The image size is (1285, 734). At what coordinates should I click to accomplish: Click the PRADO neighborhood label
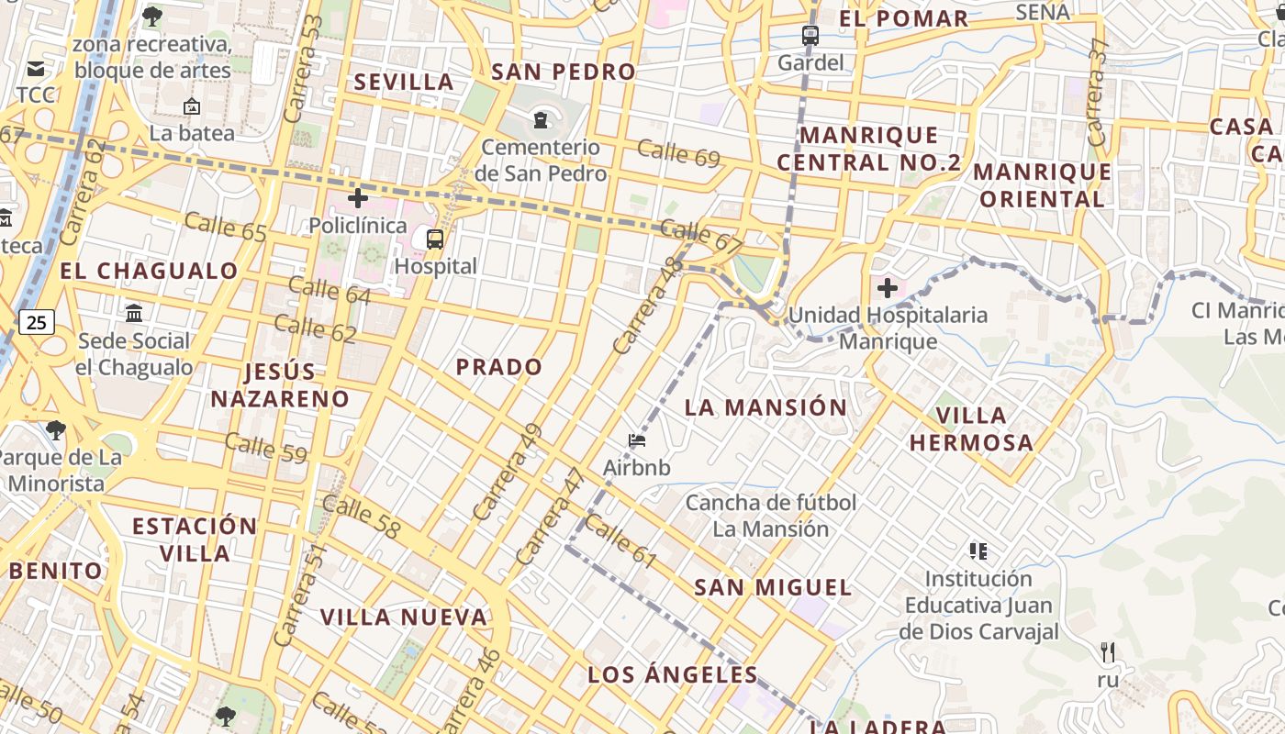tap(499, 367)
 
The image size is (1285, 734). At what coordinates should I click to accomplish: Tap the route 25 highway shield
tap(36, 322)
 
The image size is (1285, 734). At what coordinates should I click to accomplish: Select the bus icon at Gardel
tap(810, 36)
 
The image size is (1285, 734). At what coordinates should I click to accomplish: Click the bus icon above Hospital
tap(435, 239)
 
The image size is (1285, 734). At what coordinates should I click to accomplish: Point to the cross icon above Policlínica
tap(358, 198)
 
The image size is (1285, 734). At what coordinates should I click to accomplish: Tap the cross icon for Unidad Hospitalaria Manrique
tap(887, 289)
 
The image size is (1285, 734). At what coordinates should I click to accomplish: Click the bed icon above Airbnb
tap(637, 440)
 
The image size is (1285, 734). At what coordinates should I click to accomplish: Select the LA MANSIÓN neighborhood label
tap(765, 407)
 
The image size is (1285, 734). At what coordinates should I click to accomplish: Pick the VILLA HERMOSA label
tap(971, 429)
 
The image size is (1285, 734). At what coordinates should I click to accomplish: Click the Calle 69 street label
tap(678, 153)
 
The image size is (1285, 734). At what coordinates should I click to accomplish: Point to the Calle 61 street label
tap(620, 540)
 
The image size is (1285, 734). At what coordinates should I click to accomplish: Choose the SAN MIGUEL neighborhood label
tap(773, 587)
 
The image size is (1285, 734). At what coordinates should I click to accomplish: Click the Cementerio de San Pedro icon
tap(540, 119)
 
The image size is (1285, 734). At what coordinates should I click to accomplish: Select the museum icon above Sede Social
tap(134, 314)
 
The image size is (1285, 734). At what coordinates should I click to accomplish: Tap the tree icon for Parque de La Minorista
tap(55, 429)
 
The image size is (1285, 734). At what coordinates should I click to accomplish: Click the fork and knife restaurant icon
tap(1108, 652)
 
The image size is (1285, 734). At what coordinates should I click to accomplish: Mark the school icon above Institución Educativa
tap(978, 551)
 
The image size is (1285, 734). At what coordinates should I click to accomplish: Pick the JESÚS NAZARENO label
tap(280, 385)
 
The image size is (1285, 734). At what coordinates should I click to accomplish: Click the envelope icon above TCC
tap(36, 69)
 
